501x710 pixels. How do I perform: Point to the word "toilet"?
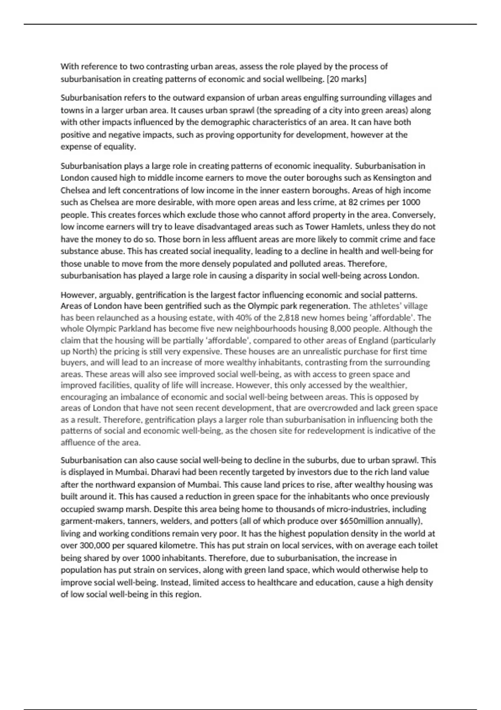coord(426,545)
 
